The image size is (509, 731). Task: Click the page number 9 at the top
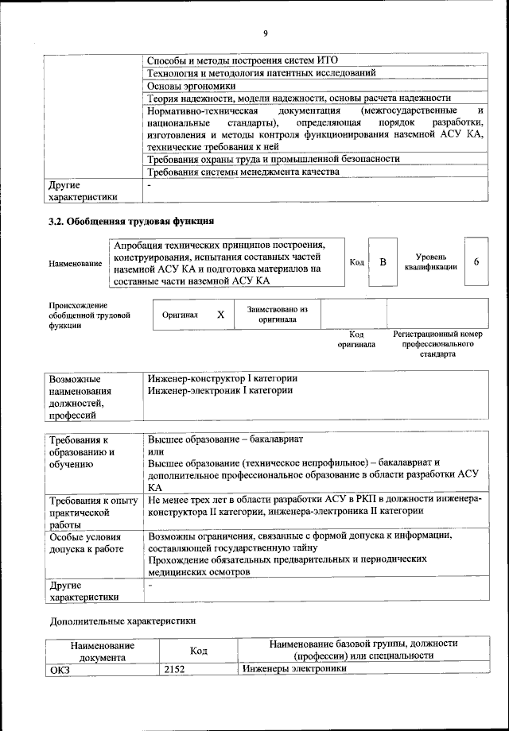click(266, 33)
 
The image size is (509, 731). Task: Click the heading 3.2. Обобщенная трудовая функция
click(131, 221)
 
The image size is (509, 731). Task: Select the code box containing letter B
click(383, 261)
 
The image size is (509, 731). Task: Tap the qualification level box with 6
click(476, 261)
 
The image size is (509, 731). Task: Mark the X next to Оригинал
click(221, 315)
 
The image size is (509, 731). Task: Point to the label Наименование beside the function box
click(76, 263)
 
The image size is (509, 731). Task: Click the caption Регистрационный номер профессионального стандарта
click(437, 345)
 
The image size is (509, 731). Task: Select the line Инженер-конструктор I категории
click(223, 378)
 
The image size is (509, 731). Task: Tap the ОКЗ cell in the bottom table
click(60, 669)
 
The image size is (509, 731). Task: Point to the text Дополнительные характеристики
click(122, 621)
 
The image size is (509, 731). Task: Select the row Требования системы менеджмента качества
click(243, 172)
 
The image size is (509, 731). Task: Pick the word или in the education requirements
click(155, 451)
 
